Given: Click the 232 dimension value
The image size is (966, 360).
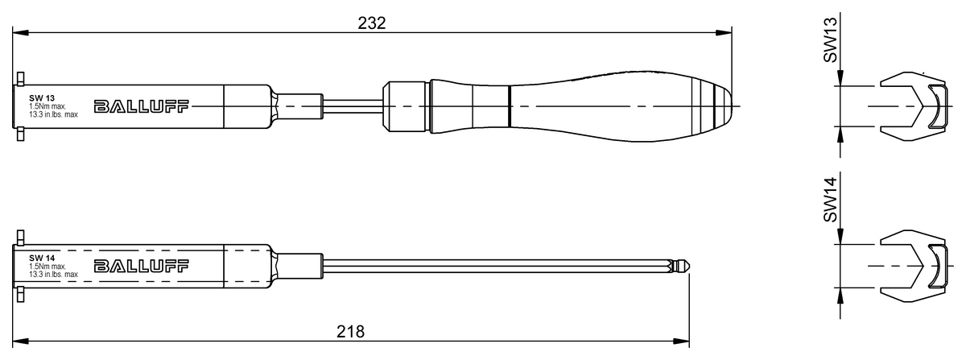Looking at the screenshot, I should pos(372,23).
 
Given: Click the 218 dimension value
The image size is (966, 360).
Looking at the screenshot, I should pos(350,331).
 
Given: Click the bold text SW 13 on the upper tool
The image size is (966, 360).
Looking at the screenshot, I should pos(41,97).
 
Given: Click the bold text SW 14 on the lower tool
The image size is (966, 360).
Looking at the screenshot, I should pos(41,257).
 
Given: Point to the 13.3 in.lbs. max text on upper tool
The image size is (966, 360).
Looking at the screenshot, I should pos(53,115).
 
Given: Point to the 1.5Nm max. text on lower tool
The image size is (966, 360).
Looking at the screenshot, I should pos(47,266).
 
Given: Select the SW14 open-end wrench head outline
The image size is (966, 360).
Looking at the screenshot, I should pos(914,265).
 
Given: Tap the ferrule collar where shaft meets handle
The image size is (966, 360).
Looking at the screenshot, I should pos(407,106).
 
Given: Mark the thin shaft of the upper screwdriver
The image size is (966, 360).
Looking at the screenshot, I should pos(354,106).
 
